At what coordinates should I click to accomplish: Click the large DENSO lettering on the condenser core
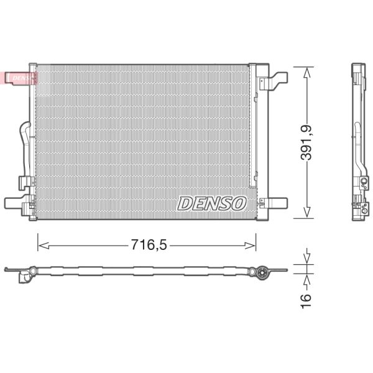click(212, 203)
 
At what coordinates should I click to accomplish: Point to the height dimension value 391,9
click(306, 142)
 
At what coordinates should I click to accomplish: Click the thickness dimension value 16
click(306, 299)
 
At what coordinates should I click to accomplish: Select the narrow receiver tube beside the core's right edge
click(252, 124)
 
